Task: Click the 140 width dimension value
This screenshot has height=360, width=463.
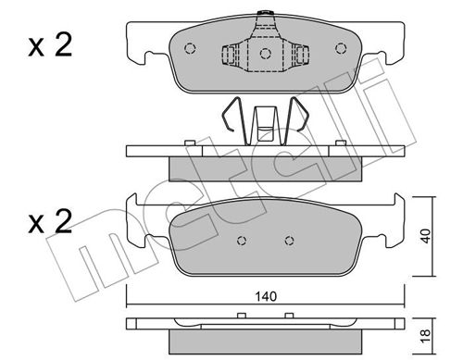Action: click(x=266, y=296)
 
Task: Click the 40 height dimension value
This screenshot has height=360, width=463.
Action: click(x=425, y=236)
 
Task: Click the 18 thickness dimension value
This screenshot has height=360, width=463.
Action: click(x=425, y=336)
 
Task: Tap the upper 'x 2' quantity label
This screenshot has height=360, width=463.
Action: click(x=50, y=45)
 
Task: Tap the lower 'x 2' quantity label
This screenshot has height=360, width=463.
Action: click(x=50, y=221)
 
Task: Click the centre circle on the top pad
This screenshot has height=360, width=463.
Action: click(x=266, y=54)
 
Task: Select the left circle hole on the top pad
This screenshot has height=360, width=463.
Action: click(x=190, y=48)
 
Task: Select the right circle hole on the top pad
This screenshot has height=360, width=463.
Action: click(x=341, y=48)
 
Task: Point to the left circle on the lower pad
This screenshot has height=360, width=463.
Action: click(x=242, y=241)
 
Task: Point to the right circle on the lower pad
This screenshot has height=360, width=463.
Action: click(x=289, y=241)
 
